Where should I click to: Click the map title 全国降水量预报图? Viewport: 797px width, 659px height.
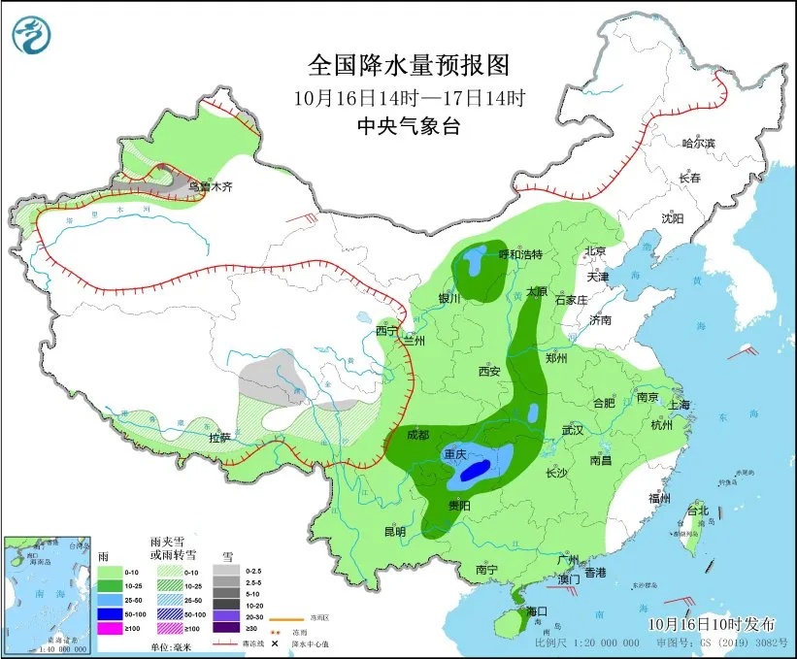pos(408,65)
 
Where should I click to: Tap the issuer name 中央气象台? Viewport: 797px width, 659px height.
pos(408,125)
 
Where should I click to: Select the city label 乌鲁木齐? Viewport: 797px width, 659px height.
pos(212,185)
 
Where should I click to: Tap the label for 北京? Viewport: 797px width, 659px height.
pos(595,251)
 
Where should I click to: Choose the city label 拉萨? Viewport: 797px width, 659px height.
pos(220,438)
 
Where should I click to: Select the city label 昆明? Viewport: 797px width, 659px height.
pos(394,531)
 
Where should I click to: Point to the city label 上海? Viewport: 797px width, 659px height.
pos(679,404)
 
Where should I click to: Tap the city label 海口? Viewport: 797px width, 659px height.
pos(537,610)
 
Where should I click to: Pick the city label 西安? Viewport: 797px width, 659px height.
pos(488,371)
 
